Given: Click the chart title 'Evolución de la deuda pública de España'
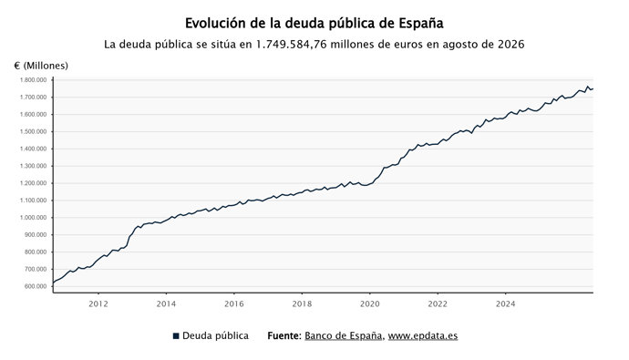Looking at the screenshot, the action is pyautogui.click(x=314, y=24).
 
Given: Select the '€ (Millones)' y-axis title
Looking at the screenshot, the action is pyautogui.click(x=41, y=66).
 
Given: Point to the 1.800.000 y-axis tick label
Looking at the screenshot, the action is pyautogui.click(x=33, y=80).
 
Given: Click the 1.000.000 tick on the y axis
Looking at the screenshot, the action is pyautogui.click(x=33, y=218).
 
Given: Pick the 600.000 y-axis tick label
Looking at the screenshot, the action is pyautogui.click(x=35, y=286).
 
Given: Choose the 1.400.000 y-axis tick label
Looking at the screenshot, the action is pyautogui.click(x=33, y=149).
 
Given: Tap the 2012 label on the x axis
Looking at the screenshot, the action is pyautogui.click(x=98, y=303).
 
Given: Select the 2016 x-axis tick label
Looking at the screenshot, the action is pyautogui.click(x=234, y=303).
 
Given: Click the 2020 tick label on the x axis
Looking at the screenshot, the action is pyautogui.click(x=370, y=303).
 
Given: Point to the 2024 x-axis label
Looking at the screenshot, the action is pyautogui.click(x=505, y=303).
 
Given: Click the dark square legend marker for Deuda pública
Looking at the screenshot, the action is pyautogui.click(x=176, y=336).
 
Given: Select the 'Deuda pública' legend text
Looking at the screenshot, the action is pyautogui.click(x=215, y=335).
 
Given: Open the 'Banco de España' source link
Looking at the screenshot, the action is pyautogui.click(x=343, y=335).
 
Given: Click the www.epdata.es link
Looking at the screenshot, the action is pyautogui.click(x=423, y=335).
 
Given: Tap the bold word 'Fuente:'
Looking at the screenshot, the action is pyautogui.click(x=284, y=335).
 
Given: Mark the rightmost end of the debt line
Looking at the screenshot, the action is pyautogui.click(x=593, y=88).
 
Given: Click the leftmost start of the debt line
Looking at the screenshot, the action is pyautogui.click(x=53, y=283).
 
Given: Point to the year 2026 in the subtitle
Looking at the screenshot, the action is pyautogui.click(x=511, y=44).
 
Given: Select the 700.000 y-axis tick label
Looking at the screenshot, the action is pyautogui.click(x=35, y=269).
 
